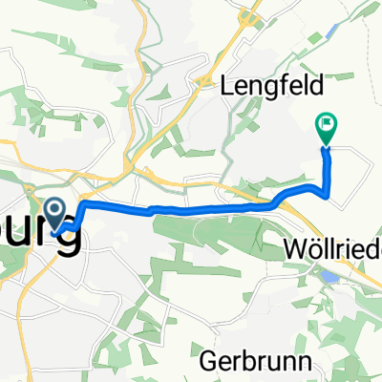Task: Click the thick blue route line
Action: click(191, 208)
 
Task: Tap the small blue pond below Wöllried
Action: click(329, 276)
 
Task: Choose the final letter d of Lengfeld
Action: click(299, 85)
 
